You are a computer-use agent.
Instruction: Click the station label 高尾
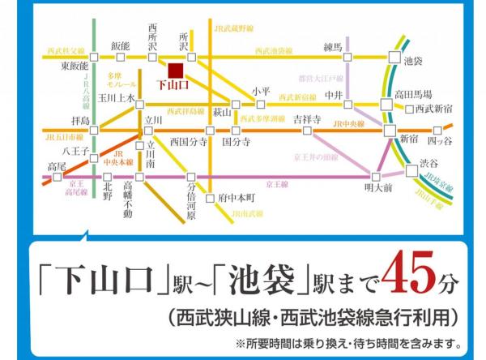click(x=57, y=166)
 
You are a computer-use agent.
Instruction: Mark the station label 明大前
click(x=377, y=188)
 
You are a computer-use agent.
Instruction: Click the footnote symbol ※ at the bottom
click(x=240, y=341)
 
